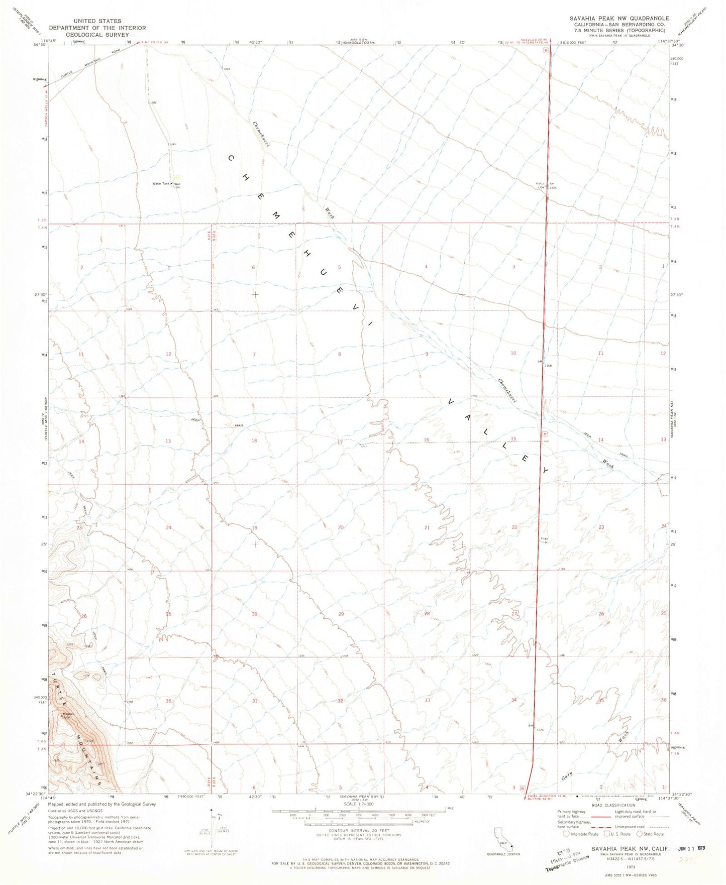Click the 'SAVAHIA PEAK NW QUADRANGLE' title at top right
tap(619, 18)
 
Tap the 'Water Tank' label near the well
tap(161, 184)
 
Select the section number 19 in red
tap(255, 528)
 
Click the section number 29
tap(341, 614)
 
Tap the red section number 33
tap(427, 700)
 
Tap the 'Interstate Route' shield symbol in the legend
tap(566, 834)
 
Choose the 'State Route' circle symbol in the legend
tap(640, 834)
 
